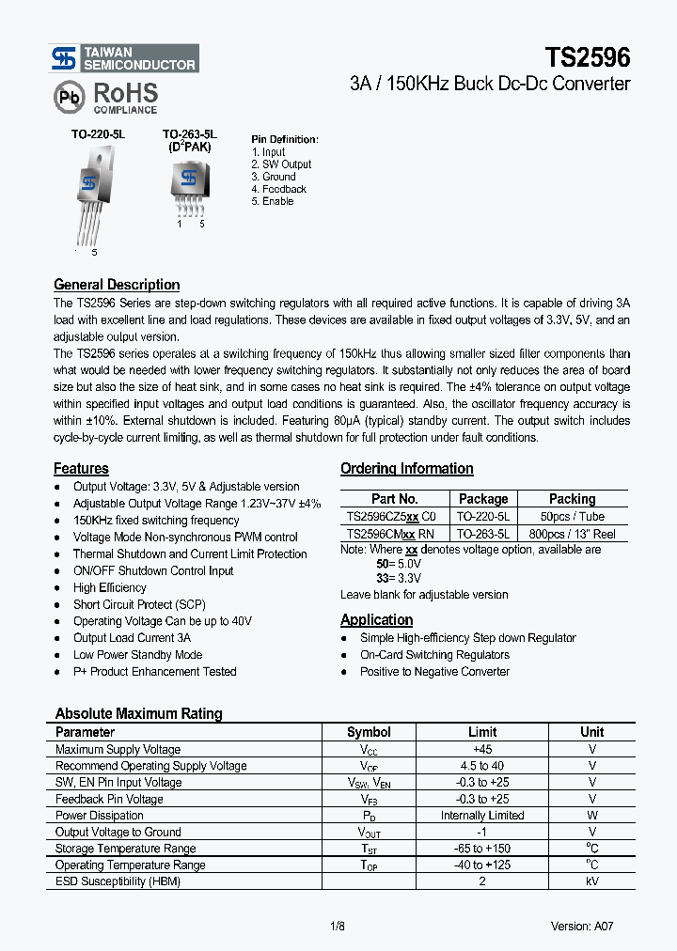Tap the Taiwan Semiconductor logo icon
point(64,59)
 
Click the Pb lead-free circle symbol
point(67,97)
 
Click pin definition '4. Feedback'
point(279,189)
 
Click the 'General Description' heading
point(117,285)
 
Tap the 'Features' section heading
point(81,469)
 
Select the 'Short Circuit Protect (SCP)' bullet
point(139,604)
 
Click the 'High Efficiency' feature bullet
point(110,587)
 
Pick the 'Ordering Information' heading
point(406,469)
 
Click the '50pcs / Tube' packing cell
point(572,516)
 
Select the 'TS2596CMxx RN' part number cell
point(391,533)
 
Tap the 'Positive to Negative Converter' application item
point(434,672)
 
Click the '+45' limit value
point(482,749)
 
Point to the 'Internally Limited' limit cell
point(482,816)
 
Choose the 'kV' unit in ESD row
point(591,881)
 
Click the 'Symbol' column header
point(369,732)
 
